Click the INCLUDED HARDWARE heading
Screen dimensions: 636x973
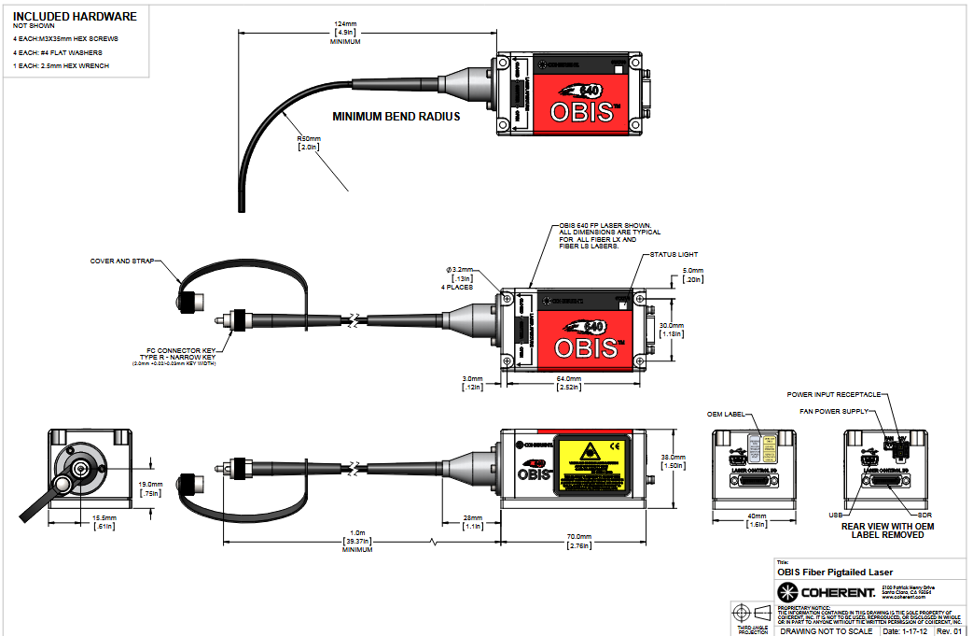click(x=75, y=16)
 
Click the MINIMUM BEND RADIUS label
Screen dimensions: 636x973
click(x=396, y=118)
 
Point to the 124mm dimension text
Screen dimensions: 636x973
click(x=344, y=23)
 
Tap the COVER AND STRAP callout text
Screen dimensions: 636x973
click(x=122, y=261)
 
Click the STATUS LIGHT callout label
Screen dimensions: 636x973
click(x=674, y=254)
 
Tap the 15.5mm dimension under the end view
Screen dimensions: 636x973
click(x=104, y=518)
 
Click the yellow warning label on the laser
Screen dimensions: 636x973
click(x=590, y=463)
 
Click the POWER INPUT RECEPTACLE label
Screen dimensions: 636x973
click(x=833, y=394)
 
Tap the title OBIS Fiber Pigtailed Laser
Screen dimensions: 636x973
click(x=835, y=572)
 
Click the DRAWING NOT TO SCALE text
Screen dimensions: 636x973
click(x=827, y=630)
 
